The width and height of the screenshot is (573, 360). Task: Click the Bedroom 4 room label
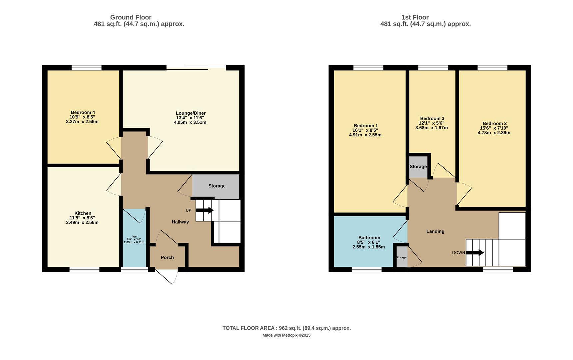pyautogui.click(x=83, y=112)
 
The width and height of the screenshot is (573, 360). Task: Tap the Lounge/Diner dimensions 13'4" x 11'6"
pyautogui.click(x=190, y=118)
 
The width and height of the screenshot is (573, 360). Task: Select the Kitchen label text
pyautogui.click(x=83, y=213)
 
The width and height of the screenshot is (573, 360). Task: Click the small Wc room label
pyautogui.click(x=134, y=237)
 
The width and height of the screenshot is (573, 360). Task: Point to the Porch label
pyautogui.click(x=167, y=257)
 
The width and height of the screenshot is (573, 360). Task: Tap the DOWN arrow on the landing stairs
pyautogui.click(x=475, y=253)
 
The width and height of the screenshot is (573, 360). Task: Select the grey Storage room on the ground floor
pyautogui.click(x=217, y=186)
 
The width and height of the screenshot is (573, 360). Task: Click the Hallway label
pyautogui.click(x=180, y=222)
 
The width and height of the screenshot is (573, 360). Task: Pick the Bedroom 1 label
pyautogui.click(x=365, y=126)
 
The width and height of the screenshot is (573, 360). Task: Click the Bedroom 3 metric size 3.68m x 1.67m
pyautogui.click(x=431, y=128)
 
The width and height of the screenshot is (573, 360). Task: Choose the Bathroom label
pyautogui.click(x=369, y=238)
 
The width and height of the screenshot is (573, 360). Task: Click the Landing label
pyautogui.click(x=435, y=231)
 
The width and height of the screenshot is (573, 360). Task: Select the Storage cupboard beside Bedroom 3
pyautogui.click(x=418, y=167)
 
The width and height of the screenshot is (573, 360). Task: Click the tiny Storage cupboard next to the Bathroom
pyautogui.click(x=401, y=257)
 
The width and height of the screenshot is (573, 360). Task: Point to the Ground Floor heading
pyautogui.click(x=131, y=17)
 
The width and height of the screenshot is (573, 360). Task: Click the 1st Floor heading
pyautogui.click(x=415, y=17)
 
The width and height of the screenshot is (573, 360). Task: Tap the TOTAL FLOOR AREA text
pyautogui.click(x=286, y=328)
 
